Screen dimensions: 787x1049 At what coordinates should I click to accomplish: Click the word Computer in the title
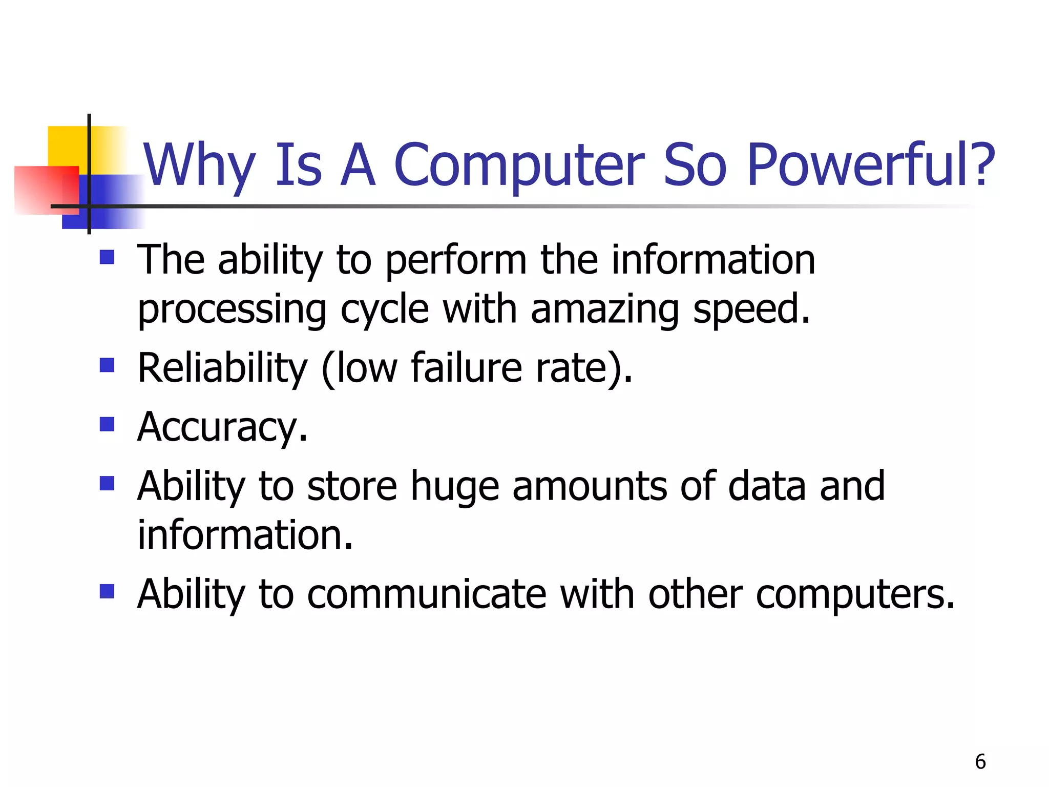(519, 165)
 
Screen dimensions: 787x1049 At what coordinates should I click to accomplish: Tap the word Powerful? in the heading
(871, 165)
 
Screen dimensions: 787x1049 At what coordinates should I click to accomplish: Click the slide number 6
(980, 762)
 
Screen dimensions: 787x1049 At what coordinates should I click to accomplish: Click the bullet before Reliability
(107, 365)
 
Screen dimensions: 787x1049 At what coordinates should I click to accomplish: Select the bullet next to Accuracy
(107, 424)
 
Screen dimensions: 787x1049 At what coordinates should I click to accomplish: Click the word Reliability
(222, 368)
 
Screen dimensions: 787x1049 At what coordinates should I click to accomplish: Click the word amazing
(604, 309)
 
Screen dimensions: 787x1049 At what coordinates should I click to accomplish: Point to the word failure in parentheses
(466, 368)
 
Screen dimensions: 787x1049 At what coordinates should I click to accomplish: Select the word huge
(455, 487)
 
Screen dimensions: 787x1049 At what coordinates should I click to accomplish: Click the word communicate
(427, 594)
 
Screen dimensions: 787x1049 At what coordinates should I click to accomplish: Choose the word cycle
(384, 309)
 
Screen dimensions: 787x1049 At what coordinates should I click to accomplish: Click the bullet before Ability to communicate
(107, 591)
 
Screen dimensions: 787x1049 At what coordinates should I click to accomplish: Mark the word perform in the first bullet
(455, 260)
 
